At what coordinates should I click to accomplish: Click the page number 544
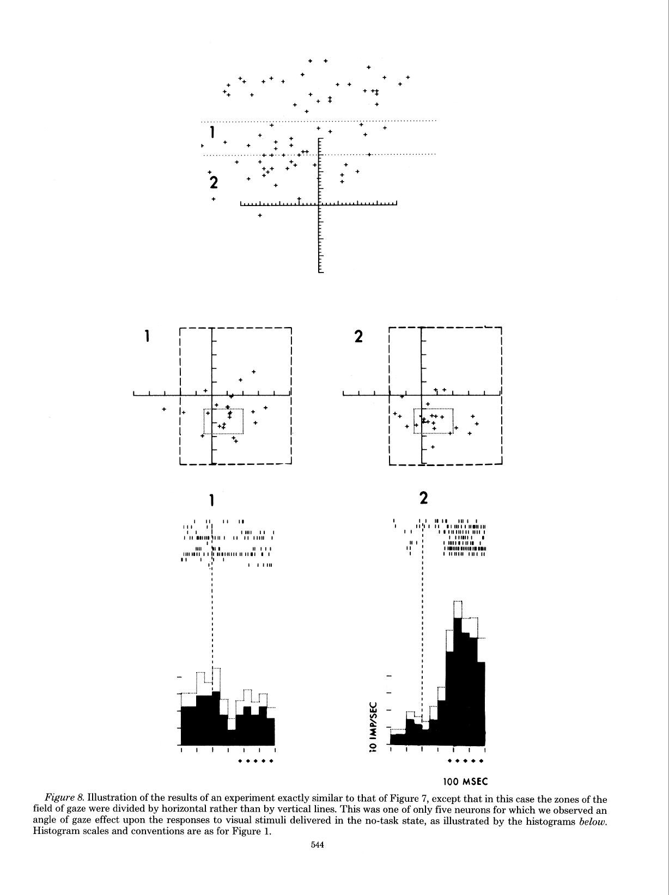[317, 845]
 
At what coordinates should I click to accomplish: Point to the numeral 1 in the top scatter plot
[212, 132]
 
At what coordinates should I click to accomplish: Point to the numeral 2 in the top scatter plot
[214, 183]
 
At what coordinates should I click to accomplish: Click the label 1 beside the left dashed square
[148, 336]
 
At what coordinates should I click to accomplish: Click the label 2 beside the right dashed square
[358, 336]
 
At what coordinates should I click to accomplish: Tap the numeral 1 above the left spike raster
[211, 500]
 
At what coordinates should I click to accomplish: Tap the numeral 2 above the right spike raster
[424, 498]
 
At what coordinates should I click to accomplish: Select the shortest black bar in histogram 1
[232, 737]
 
